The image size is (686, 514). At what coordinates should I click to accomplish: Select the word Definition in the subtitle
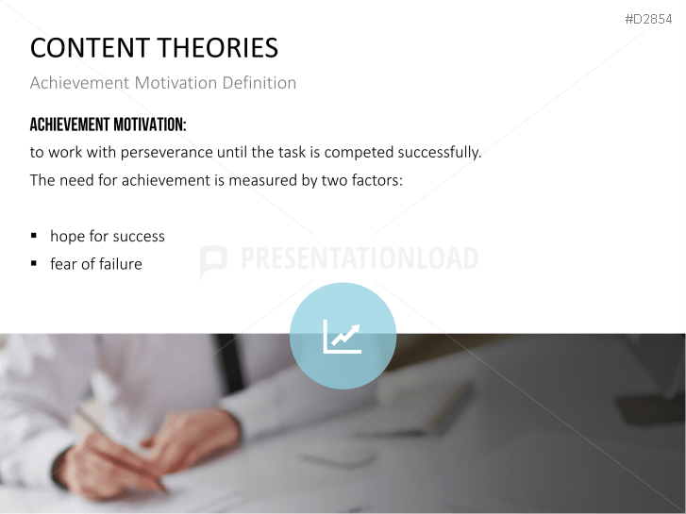click(259, 83)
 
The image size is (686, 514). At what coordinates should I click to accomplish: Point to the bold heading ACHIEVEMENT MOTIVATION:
click(108, 125)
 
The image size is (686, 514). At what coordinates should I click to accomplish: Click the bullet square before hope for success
click(35, 236)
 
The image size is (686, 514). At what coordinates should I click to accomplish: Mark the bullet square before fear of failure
click(35, 264)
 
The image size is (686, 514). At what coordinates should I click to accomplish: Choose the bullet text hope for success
click(108, 236)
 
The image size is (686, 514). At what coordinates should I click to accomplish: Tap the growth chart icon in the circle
click(342, 337)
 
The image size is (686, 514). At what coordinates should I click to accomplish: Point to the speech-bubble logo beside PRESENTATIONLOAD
click(213, 261)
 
